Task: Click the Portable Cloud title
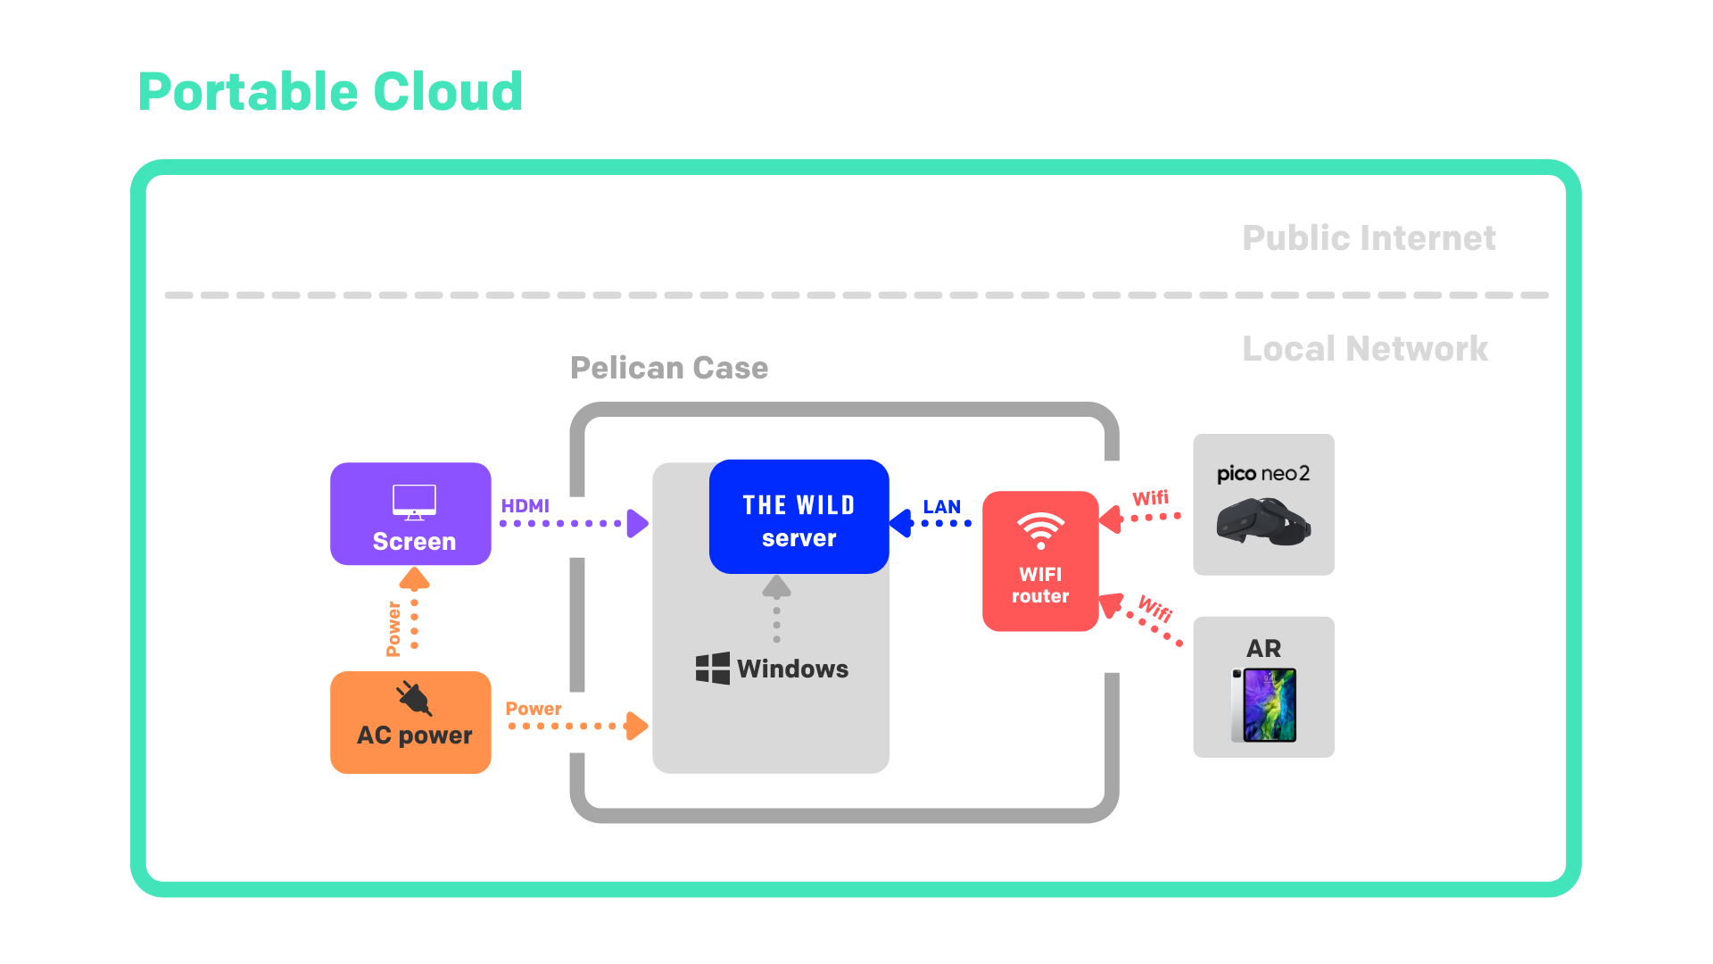click(x=330, y=92)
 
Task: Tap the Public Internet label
click(x=1369, y=238)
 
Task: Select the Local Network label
click(x=1364, y=349)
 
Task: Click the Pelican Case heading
click(x=669, y=368)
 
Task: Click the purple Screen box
click(x=410, y=514)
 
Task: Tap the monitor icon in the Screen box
click(x=414, y=502)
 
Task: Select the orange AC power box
click(x=410, y=722)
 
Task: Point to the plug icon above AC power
click(x=414, y=698)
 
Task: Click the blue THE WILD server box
click(x=799, y=517)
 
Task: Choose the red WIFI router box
click(x=1040, y=561)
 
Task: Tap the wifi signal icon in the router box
click(x=1040, y=530)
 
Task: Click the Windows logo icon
click(x=712, y=669)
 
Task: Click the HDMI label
click(x=525, y=506)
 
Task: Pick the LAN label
click(x=941, y=507)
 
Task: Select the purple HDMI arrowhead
click(x=637, y=523)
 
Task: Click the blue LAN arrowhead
click(x=902, y=523)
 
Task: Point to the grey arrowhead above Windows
click(x=776, y=586)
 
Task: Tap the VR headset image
click(x=1262, y=521)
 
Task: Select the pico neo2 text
click(x=1263, y=474)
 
